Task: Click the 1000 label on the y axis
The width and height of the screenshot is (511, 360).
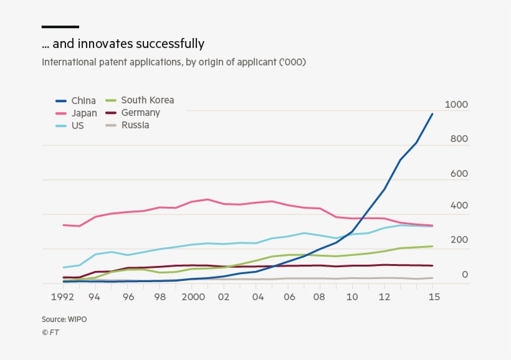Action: point(456,105)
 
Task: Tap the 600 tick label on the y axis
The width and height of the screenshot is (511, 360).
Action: point(459,174)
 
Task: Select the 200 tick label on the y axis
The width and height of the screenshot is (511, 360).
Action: point(459,240)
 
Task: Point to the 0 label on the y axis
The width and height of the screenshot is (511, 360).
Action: point(464,275)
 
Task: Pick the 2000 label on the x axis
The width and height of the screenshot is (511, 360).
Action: point(193,297)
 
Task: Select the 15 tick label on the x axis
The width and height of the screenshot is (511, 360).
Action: point(434,297)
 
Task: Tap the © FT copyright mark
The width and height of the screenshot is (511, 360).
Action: point(50,332)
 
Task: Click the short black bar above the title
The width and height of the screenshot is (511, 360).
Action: point(60,27)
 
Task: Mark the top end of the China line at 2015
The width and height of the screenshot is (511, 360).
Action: point(432,114)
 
